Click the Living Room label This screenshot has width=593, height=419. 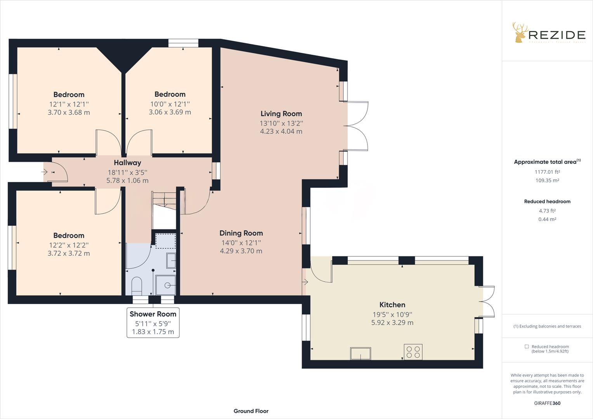[x=281, y=114]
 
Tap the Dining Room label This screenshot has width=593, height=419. [x=241, y=233]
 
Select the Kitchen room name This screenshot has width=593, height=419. [x=392, y=305]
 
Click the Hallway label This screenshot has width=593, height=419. [x=127, y=163]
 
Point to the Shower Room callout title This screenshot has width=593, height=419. [x=153, y=314]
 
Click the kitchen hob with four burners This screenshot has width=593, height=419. [x=413, y=352]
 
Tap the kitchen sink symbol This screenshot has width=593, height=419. [x=361, y=353]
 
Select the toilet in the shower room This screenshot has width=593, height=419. [x=137, y=286]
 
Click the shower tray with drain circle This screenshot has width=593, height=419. [x=166, y=285]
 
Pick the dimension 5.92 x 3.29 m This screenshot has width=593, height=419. [x=392, y=323]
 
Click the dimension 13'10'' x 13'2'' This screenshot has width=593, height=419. [x=281, y=123]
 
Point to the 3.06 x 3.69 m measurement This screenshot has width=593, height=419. [x=170, y=112]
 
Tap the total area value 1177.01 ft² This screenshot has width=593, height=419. [x=547, y=172]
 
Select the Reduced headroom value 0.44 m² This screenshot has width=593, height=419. [x=547, y=219]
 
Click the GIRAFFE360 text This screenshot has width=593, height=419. [x=547, y=403]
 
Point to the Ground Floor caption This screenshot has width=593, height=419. [x=251, y=411]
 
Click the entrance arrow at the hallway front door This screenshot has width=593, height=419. [x=45, y=172]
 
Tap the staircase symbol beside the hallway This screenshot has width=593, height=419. [x=164, y=209]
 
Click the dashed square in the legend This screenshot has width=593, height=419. [x=527, y=346]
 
